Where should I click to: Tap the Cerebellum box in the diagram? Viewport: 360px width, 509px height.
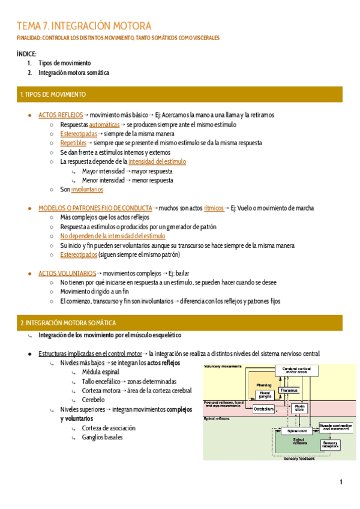[263, 409]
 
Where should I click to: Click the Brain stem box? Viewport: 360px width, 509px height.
[299, 408]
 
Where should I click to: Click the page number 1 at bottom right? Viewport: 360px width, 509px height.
[341, 482]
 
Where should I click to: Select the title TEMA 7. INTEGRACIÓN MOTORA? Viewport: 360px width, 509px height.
[84, 26]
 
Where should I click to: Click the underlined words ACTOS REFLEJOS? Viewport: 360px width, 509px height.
[60, 114]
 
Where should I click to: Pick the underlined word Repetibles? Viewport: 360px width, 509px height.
[73, 143]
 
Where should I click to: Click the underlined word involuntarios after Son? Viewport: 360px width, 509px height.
[87, 189]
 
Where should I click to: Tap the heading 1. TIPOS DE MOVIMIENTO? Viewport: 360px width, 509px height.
[53, 95]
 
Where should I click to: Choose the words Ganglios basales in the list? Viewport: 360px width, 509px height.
[103, 437]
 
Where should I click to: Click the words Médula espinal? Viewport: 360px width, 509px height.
[100, 372]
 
